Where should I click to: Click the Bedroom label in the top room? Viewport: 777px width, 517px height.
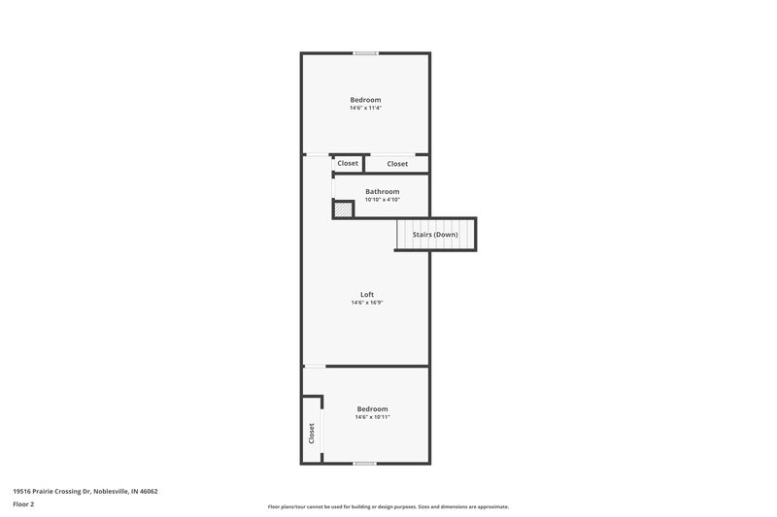(365, 100)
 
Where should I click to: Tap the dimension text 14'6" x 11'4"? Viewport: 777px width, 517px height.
(365, 109)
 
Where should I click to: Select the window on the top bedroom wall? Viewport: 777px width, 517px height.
(365, 53)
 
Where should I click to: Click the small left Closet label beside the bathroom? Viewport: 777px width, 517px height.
(348, 164)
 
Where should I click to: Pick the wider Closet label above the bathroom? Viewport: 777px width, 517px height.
(397, 164)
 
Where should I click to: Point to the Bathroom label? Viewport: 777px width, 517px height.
(382, 191)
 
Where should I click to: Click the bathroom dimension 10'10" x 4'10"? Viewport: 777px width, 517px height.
(382, 200)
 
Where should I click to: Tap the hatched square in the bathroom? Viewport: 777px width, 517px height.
(344, 210)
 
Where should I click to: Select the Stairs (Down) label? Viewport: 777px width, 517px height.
(435, 235)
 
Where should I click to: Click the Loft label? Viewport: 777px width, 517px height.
(366, 295)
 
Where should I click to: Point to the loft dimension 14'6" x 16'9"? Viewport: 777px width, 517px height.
(366, 303)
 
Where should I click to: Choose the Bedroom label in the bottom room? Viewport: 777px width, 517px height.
(372, 408)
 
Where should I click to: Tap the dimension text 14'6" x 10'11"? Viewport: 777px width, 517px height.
(372, 417)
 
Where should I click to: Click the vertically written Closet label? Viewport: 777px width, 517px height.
(312, 433)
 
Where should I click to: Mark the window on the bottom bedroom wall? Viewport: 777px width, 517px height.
(365, 464)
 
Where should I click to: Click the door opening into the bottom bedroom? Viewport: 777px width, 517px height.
(315, 367)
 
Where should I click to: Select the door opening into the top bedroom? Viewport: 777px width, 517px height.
(317, 154)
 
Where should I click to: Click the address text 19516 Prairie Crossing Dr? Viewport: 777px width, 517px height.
(84, 492)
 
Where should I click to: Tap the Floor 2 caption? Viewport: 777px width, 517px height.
(23, 504)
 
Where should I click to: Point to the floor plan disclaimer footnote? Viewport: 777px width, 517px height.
(388, 506)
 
